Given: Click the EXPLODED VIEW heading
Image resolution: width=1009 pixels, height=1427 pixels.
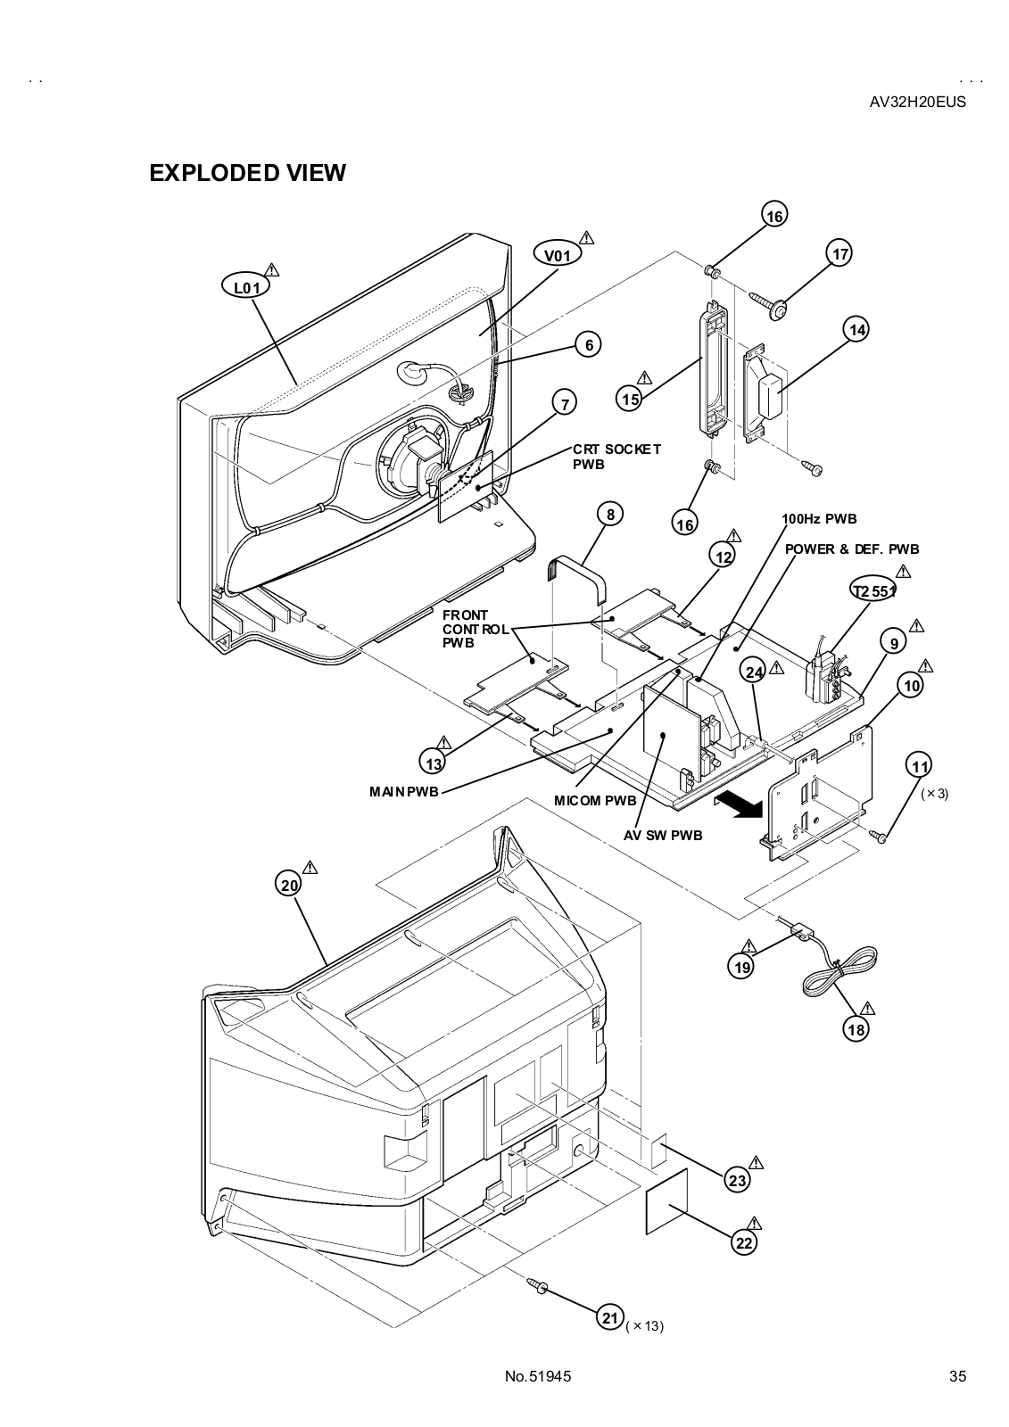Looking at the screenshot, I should (x=247, y=173).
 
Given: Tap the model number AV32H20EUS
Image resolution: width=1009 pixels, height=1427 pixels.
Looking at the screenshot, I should (x=917, y=102).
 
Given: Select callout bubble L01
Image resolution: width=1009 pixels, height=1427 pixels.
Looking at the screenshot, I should (x=246, y=287).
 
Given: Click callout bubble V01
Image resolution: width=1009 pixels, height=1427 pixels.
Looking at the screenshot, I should (x=557, y=255).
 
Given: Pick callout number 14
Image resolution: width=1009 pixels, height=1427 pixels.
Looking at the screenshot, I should (x=856, y=330).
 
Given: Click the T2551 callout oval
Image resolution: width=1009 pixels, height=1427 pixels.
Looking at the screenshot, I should (x=873, y=590).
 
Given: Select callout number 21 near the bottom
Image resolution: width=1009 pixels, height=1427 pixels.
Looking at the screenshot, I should (x=610, y=1317).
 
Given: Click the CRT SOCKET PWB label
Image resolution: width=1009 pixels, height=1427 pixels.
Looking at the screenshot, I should (x=616, y=457).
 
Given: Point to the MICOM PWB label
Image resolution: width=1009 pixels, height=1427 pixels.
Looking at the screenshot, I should (x=595, y=800).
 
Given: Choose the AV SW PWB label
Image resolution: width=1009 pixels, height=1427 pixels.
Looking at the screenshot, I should (x=663, y=836).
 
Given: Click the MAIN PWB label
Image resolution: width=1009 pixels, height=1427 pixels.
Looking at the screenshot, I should (x=404, y=791).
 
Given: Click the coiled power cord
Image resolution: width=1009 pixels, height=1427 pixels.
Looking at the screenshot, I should (x=839, y=977).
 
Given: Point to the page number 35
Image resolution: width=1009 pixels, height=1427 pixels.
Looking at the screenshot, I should (x=957, y=1376).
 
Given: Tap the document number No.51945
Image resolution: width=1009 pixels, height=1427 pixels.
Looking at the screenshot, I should (x=537, y=1376).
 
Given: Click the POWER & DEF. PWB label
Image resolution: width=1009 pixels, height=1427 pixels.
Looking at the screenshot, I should (x=852, y=549).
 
